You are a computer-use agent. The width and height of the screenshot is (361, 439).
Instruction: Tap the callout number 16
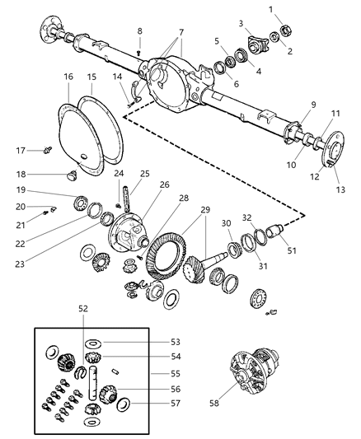[68, 77]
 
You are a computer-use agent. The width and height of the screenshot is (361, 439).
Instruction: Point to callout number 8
[139, 31]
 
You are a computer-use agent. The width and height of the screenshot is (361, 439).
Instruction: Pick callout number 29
[205, 211]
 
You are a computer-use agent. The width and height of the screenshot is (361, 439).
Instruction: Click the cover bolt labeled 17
[48, 150]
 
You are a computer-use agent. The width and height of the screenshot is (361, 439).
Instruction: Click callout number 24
[118, 173]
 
